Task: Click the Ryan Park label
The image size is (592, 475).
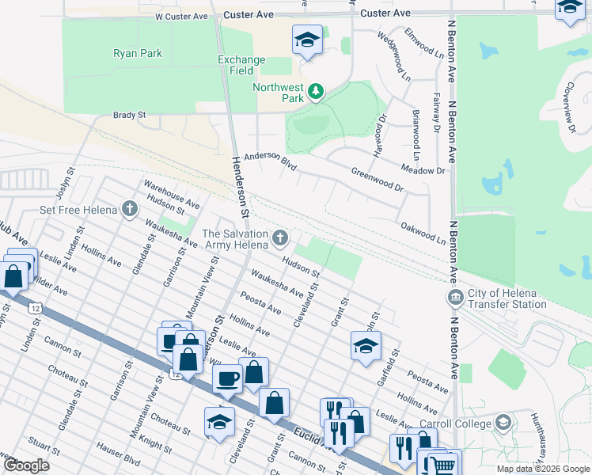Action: coord(138,53)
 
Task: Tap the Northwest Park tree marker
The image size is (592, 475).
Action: coord(316,92)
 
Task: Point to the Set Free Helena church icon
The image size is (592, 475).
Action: coord(129,210)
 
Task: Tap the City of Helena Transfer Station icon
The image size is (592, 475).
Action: coord(455,298)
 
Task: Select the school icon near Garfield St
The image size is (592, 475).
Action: coord(366,345)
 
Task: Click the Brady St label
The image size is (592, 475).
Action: coord(130,115)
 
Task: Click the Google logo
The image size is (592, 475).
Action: coord(26,465)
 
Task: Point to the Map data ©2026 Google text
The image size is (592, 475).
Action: coord(542,469)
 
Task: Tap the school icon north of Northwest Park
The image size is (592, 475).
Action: coord(306,40)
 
